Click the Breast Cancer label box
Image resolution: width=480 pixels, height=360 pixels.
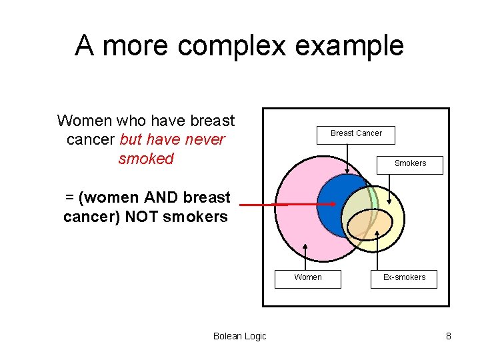[x=356, y=134]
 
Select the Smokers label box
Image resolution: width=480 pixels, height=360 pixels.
[x=410, y=164]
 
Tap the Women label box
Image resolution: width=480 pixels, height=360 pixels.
[x=307, y=278]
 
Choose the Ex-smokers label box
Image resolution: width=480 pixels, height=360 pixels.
[x=404, y=278]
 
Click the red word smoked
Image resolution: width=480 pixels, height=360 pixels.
[x=145, y=159]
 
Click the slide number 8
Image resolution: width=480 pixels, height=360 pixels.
[x=449, y=336]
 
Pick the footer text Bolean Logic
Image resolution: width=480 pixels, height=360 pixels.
[x=239, y=336]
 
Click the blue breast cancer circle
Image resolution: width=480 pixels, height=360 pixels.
[x=333, y=200]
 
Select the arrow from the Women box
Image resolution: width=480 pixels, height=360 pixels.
[x=305, y=256]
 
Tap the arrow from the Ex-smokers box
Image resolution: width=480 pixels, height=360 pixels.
[x=378, y=251]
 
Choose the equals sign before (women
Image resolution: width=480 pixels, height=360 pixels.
[x=69, y=197]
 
